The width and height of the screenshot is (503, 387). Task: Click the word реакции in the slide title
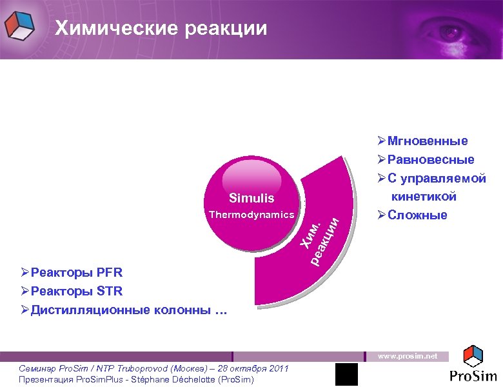click(225, 28)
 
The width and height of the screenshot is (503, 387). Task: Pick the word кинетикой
click(424, 196)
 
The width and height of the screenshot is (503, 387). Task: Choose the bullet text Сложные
click(417, 215)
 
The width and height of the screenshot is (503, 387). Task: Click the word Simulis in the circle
click(252, 198)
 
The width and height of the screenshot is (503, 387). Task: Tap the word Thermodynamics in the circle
click(251, 214)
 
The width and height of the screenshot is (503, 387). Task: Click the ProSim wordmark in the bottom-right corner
click(474, 375)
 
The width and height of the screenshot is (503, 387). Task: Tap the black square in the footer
click(346, 375)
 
